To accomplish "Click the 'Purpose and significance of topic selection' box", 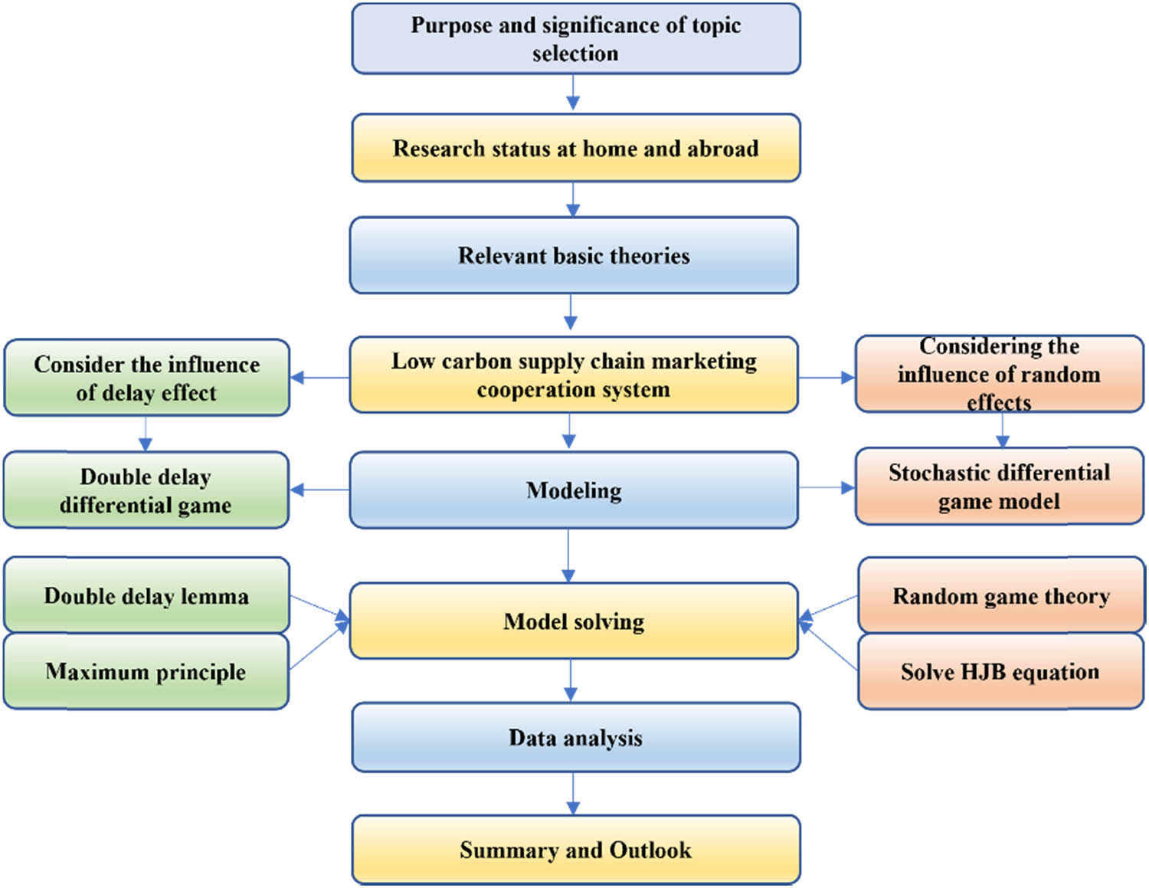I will pyautogui.click(x=575, y=39).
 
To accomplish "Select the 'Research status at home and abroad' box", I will pyautogui.click(x=575, y=148).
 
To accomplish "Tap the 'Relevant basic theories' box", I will pyautogui.click(x=574, y=255).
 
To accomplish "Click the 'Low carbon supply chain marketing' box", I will pyautogui.click(x=574, y=375).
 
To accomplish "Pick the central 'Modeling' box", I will pyautogui.click(x=574, y=490).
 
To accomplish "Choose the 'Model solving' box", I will pyautogui.click(x=574, y=621).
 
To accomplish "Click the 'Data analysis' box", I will pyautogui.click(x=575, y=738).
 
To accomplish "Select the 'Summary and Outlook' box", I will pyautogui.click(x=575, y=850).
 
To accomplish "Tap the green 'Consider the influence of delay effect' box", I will pyautogui.click(x=146, y=378).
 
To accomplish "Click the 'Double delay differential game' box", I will pyautogui.click(x=146, y=490).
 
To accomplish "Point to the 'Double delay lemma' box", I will pyautogui.click(x=146, y=595).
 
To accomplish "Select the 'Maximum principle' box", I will pyautogui.click(x=146, y=672).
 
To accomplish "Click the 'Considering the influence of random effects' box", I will pyautogui.click(x=999, y=374).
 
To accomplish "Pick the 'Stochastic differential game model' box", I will pyautogui.click(x=999, y=487).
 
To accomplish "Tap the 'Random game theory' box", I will pyautogui.click(x=1000, y=595).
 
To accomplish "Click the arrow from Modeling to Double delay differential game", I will pyautogui.click(x=319, y=490).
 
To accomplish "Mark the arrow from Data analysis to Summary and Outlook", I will pyautogui.click(x=572, y=793).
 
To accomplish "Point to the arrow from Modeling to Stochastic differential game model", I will pyautogui.click(x=827, y=488).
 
